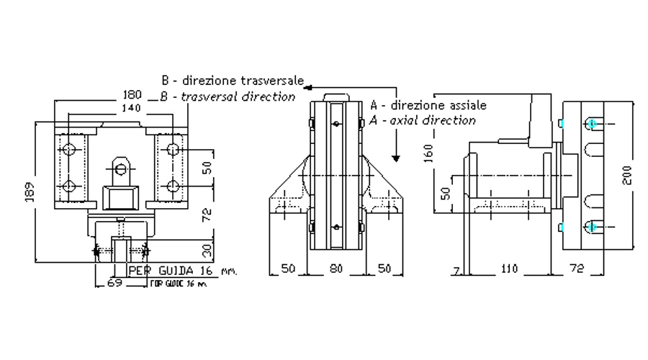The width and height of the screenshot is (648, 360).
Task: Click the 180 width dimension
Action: pyautogui.click(x=132, y=94)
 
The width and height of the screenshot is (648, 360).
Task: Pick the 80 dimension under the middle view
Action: pyautogui.click(x=336, y=269)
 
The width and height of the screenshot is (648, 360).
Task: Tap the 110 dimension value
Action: pyautogui.click(x=508, y=269)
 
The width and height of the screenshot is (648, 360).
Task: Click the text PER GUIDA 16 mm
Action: pyautogui.click(x=181, y=271)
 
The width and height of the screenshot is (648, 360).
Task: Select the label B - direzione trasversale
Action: pyautogui.click(x=232, y=79)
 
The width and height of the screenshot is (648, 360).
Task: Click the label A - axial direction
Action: pyautogui.click(x=422, y=120)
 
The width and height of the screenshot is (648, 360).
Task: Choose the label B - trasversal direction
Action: pyautogui.click(x=228, y=96)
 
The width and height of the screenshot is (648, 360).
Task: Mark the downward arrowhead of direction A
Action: pyautogui.click(x=396, y=157)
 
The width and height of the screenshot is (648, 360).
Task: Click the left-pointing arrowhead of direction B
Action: pyautogui.click(x=308, y=86)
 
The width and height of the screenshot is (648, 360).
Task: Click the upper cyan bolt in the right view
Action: pyautogui.click(x=592, y=124)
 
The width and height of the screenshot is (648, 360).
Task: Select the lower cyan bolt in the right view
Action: pyautogui.click(x=592, y=227)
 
